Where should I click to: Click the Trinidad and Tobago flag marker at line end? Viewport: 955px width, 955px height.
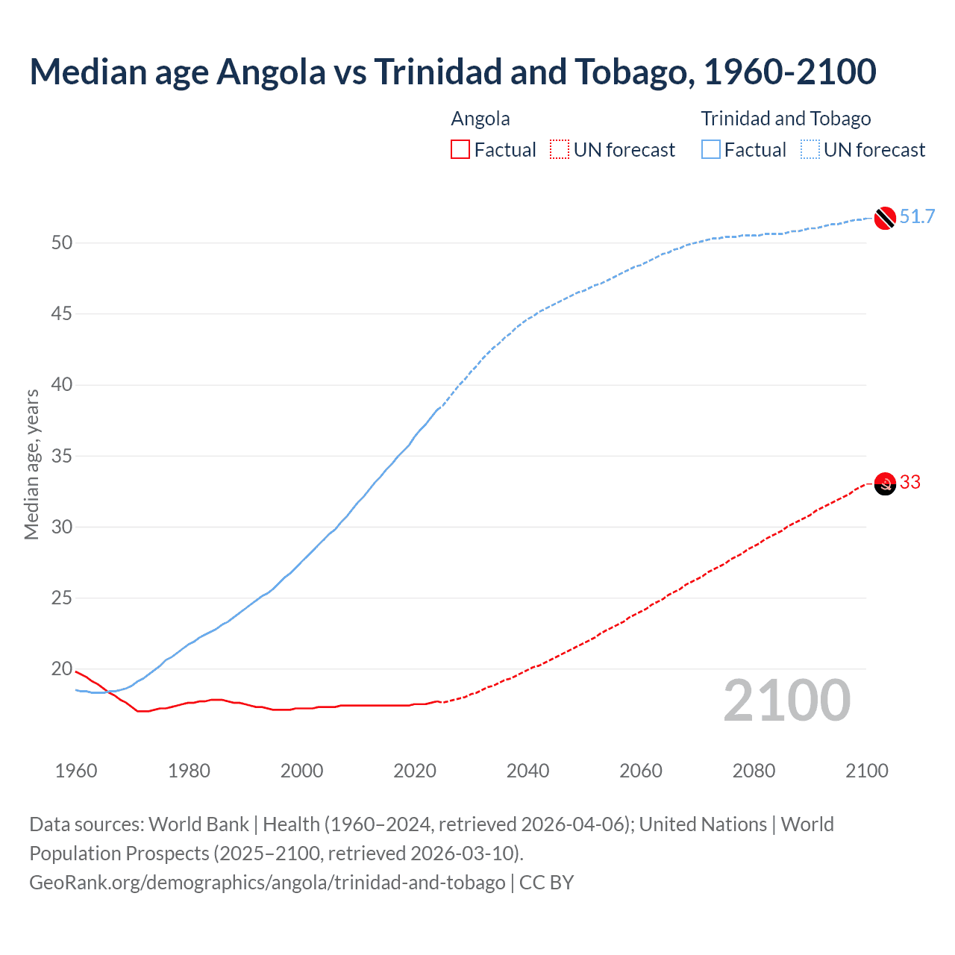pos(884,218)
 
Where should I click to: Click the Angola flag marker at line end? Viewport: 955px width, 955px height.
pos(884,484)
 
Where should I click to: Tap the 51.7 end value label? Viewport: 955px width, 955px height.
pos(917,217)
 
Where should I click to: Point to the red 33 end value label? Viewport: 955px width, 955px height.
pos(910,483)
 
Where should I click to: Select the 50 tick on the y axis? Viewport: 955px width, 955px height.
pos(62,243)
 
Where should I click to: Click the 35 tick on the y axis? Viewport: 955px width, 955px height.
pos(62,456)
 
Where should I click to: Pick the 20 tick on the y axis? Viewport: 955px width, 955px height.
pos(62,669)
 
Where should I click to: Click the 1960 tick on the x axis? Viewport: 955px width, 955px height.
pos(76,771)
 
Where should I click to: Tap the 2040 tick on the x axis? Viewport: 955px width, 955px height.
pos(527,771)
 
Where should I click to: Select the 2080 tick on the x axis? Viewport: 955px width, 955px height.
pos(754,771)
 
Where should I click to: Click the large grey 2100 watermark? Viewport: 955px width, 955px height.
pos(786,701)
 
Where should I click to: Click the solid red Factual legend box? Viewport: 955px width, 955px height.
pos(460,150)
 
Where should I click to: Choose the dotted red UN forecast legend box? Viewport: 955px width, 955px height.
pos(560,150)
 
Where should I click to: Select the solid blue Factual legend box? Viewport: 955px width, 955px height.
pos(711,150)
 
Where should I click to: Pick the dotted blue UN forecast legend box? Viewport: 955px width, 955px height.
pos(810,150)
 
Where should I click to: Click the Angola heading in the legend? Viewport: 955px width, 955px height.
pos(480,119)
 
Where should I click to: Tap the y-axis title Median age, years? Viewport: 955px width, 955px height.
pos(31,464)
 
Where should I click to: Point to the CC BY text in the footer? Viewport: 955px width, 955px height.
pos(546,883)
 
